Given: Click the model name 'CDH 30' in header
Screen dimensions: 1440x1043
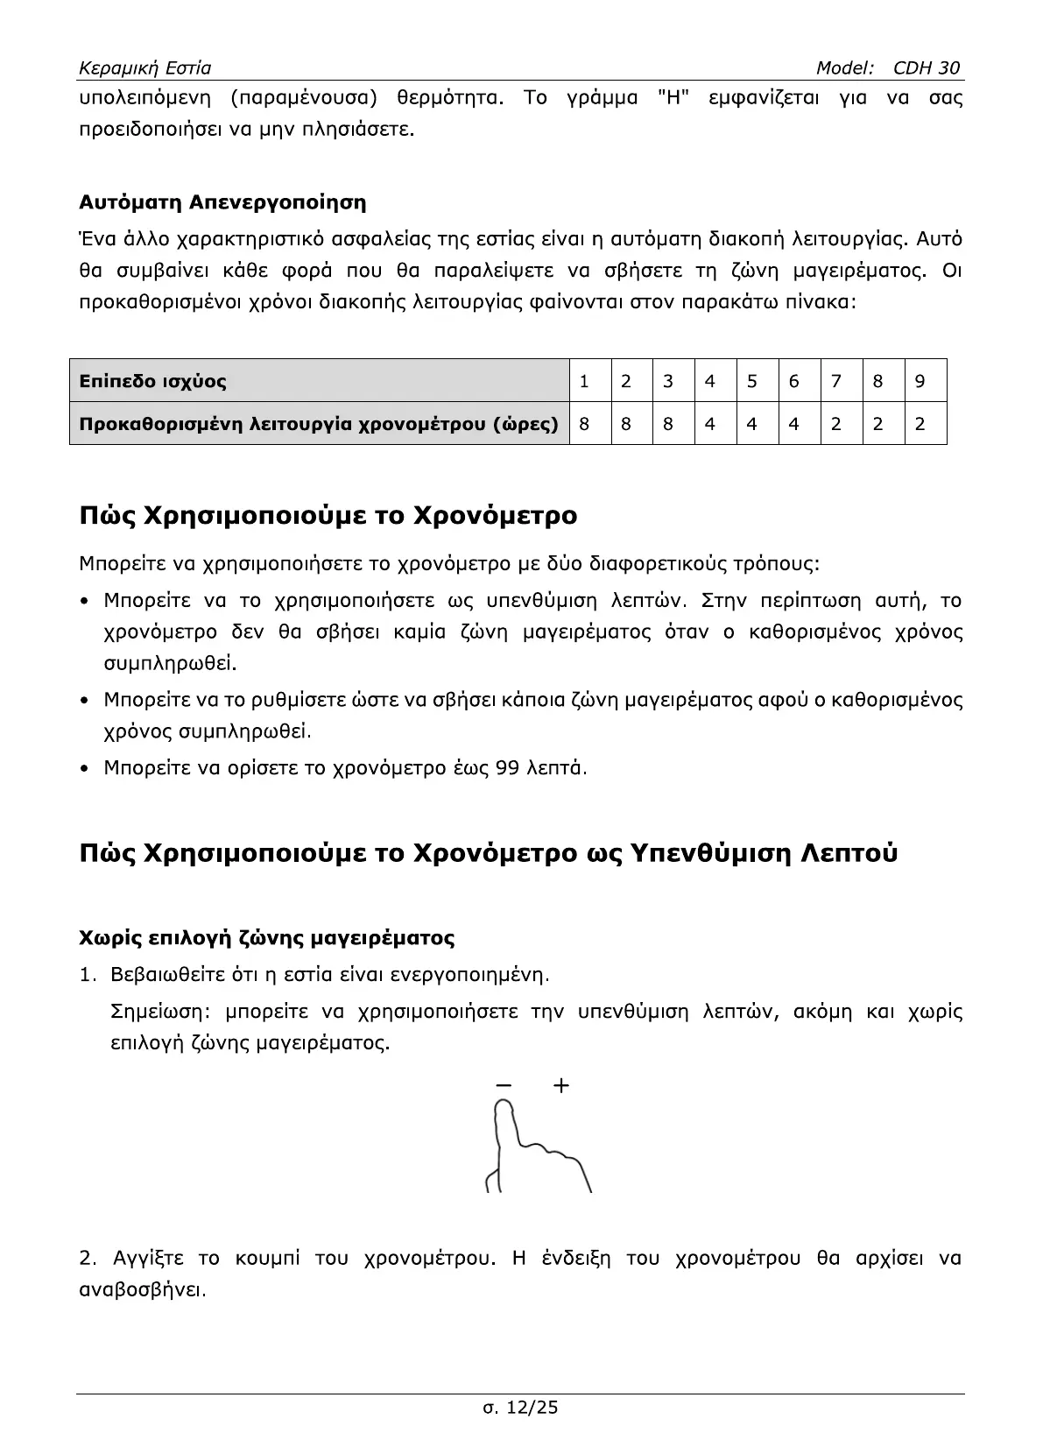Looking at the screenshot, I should pos(927,68).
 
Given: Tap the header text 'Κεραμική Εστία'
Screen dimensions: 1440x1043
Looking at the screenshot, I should pos(144,68).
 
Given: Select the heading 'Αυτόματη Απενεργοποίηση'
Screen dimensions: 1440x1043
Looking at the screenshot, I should pos(222,203).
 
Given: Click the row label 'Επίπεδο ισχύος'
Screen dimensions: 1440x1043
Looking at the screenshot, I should pos(152,381).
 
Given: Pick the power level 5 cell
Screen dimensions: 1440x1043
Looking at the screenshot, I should pos(751,381).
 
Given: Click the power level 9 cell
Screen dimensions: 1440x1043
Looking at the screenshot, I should pos(920,381).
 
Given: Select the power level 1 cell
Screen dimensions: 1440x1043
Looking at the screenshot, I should pos(584,381).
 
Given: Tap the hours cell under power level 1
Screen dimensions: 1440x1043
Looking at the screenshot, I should pos(584,424).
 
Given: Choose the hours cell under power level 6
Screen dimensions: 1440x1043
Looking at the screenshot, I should pos(793,424).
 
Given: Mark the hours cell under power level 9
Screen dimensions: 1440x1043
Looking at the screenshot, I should pos(920,424).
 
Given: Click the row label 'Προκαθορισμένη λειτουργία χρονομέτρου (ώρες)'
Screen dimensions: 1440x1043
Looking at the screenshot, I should pos(319,424).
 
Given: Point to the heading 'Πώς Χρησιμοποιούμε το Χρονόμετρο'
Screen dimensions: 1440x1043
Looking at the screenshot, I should pos(328,515).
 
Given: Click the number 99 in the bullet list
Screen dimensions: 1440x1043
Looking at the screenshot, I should pos(507,768).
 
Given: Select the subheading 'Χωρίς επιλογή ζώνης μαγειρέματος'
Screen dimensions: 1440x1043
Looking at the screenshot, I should pos(266,938).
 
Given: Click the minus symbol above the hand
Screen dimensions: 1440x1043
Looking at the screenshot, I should pos(504,1086).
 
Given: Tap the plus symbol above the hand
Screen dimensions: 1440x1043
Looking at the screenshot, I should pos(561,1086).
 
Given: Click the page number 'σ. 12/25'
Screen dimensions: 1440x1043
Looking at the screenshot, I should pos(520,1408).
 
